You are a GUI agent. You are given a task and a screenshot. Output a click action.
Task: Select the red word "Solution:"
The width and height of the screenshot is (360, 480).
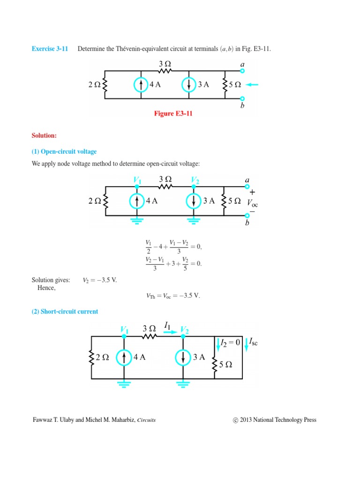click(44, 135)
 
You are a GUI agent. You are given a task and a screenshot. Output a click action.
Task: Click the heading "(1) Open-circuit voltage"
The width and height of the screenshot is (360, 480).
click(64, 151)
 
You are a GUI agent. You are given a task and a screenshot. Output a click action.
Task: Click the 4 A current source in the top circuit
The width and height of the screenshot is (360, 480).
click(141, 85)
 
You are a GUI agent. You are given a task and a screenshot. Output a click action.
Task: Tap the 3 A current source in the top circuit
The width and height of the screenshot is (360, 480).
click(188, 85)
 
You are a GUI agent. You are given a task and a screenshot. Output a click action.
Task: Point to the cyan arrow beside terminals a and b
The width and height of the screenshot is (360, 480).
click(252, 85)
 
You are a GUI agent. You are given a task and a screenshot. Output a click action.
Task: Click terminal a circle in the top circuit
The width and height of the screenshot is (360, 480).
click(242, 71)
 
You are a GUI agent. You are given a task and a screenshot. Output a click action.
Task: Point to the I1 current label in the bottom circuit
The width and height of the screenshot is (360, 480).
click(168, 324)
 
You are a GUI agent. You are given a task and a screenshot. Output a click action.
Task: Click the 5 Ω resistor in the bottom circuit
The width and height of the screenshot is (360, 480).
click(216, 364)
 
